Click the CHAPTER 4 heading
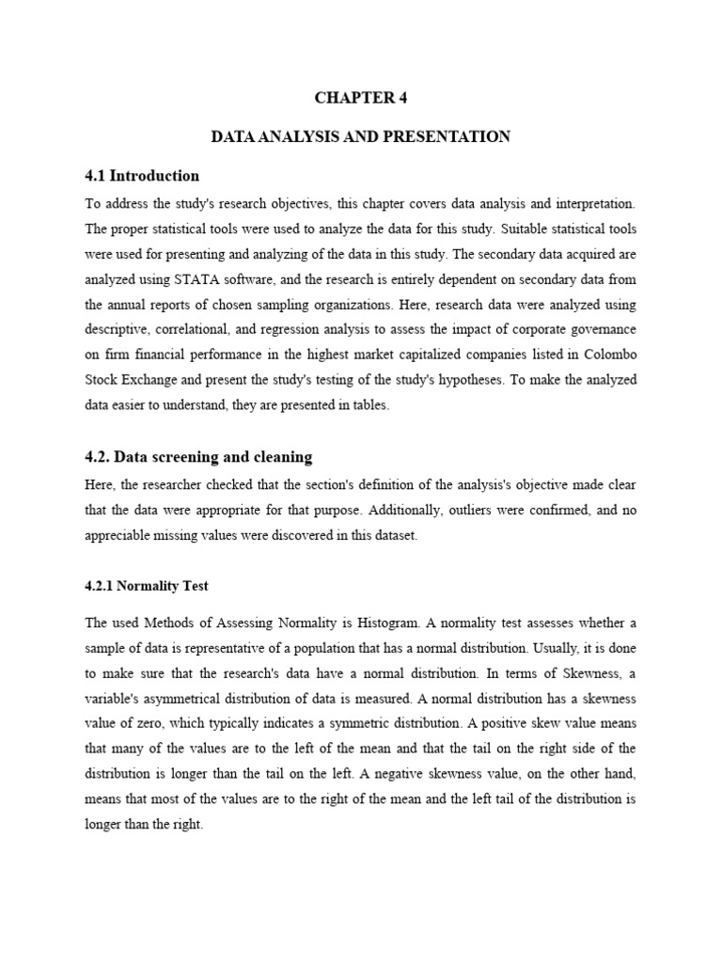click(x=361, y=98)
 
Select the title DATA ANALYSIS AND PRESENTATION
click(x=361, y=137)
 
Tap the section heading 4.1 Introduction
click(x=142, y=176)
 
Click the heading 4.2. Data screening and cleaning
click(x=198, y=457)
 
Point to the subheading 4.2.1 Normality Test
click(x=146, y=586)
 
